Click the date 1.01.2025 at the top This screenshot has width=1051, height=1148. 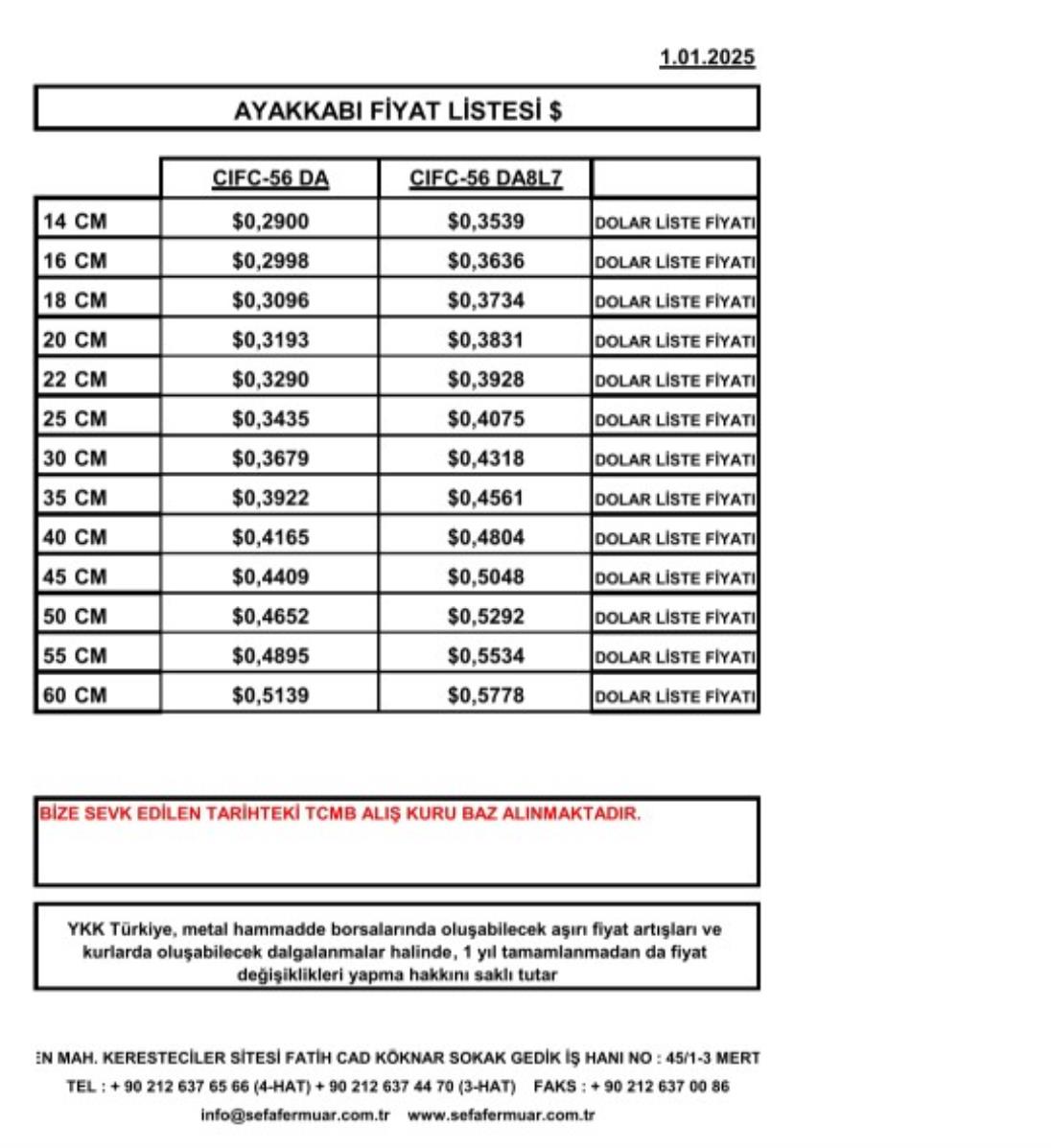pyautogui.click(x=707, y=58)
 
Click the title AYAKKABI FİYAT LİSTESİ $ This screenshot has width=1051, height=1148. pyautogui.click(x=397, y=110)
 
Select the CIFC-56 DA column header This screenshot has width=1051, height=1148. pyautogui.click(x=270, y=179)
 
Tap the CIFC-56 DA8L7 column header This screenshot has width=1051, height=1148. pyautogui.click(x=485, y=179)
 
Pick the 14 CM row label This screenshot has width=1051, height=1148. pyautogui.click(x=75, y=222)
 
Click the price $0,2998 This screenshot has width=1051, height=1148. pyautogui.click(x=270, y=261)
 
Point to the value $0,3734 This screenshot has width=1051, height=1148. pyautogui.click(x=485, y=300)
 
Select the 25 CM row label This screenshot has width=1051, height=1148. pyautogui.click(x=75, y=419)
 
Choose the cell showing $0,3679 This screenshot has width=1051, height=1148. pyautogui.click(x=270, y=458)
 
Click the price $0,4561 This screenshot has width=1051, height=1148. pyautogui.click(x=485, y=498)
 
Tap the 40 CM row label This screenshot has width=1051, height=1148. pyautogui.click(x=75, y=537)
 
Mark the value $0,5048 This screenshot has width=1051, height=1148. pyautogui.click(x=485, y=576)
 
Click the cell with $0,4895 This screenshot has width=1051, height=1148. pyautogui.click(x=270, y=656)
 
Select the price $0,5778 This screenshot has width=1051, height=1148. pyautogui.click(x=485, y=695)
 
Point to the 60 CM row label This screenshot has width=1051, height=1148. pyautogui.click(x=75, y=695)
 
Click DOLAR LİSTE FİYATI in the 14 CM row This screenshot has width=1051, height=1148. pyautogui.click(x=675, y=223)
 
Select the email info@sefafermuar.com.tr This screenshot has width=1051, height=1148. pyautogui.click(x=295, y=1115)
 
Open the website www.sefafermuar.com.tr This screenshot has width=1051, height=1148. pyautogui.click(x=501, y=1115)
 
